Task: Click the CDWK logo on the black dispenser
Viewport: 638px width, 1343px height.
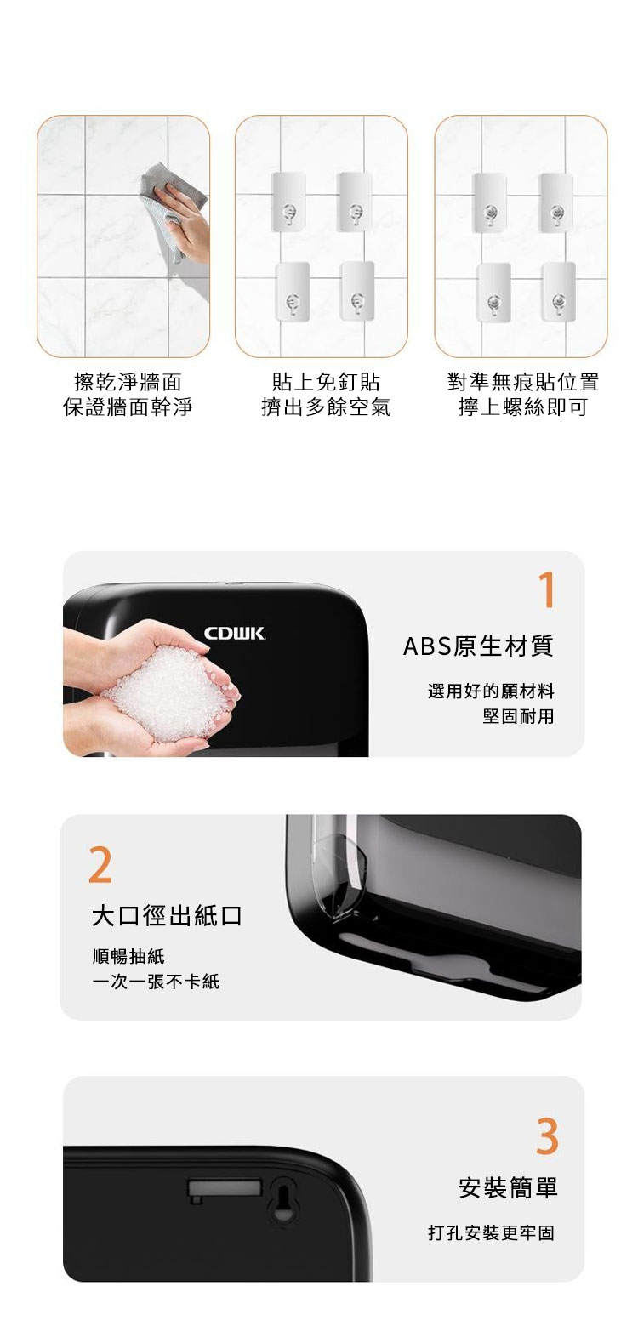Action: coord(235,634)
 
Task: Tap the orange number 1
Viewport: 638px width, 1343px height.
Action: coord(546,590)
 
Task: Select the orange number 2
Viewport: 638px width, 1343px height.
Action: coord(100,865)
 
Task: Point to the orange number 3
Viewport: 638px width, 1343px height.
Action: coord(547,1136)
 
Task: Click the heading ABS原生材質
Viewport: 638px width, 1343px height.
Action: coord(478,646)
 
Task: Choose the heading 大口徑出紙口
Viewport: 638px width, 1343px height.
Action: coord(167,915)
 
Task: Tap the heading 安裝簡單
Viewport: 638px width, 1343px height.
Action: coord(509,1187)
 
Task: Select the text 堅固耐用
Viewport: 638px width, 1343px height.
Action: coord(518,716)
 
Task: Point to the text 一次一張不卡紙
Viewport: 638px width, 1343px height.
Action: coord(156,982)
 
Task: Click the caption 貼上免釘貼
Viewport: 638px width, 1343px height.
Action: coord(326,382)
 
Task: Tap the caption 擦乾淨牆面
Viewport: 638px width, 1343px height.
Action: coord(128,382)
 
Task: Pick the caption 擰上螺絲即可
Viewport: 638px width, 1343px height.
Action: coord(523,407)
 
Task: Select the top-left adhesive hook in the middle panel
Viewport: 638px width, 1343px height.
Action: coord(289,202)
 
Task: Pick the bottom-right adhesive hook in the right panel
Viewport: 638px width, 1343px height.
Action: coord(558,292)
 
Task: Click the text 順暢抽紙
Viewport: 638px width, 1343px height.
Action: coord(128,956)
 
